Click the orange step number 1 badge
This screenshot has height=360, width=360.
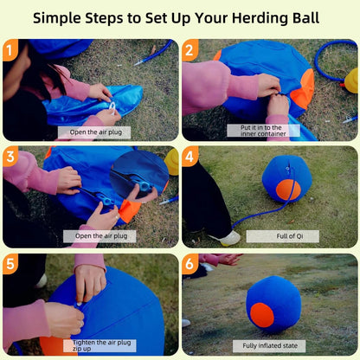(11, 49)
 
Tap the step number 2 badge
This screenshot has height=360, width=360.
(190, 49)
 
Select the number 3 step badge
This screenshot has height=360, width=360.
(11, 157)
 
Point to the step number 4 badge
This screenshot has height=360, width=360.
(190, 157)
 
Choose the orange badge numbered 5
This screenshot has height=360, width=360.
(11, 264)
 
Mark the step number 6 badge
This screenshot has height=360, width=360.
(190, 264)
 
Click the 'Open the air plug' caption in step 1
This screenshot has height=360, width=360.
(93, 132)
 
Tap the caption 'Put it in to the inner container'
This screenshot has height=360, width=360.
(270, 129)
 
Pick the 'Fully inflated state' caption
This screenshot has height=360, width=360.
(270, 344)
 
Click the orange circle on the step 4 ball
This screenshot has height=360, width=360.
(288, 190)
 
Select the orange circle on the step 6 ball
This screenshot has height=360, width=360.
(261, 315)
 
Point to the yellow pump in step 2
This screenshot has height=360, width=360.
(350, 80)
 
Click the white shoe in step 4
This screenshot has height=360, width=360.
(228, 237)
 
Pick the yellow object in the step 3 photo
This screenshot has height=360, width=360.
(171, 160)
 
